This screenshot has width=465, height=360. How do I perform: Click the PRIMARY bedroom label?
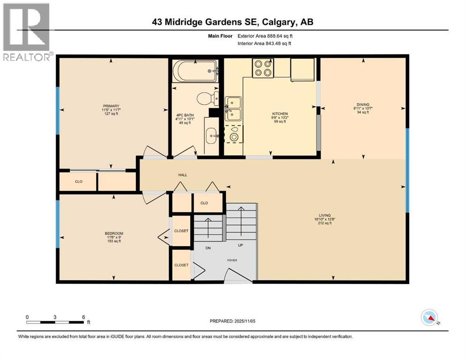111,106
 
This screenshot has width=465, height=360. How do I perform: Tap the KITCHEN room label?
280,113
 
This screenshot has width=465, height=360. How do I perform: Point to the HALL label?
183,175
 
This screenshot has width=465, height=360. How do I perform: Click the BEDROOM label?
114,233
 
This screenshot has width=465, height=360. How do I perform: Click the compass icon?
429,317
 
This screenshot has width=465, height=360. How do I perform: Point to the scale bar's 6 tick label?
83,317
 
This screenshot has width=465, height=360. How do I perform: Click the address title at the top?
233,22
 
